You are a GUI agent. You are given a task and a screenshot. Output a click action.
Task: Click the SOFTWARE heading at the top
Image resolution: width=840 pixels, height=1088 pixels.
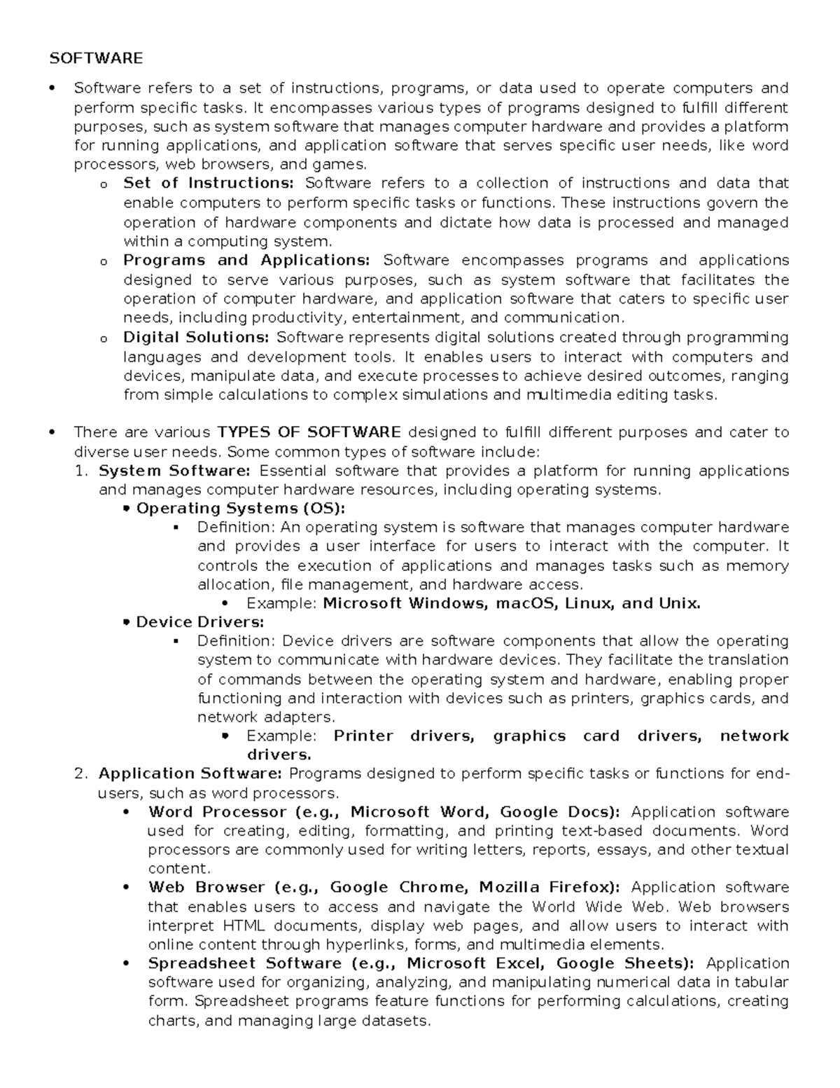tap(96, 58)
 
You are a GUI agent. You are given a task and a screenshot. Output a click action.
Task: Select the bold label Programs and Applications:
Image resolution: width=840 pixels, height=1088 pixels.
tap(246, 261)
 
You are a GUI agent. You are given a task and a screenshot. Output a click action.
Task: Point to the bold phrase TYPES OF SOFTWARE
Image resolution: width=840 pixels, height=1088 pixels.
tap(309, 432)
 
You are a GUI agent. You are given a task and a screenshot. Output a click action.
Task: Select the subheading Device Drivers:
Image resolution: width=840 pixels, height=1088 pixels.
tap(199, 622)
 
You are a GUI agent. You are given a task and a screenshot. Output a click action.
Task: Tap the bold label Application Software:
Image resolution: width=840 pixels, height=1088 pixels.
tap(190, 773)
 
